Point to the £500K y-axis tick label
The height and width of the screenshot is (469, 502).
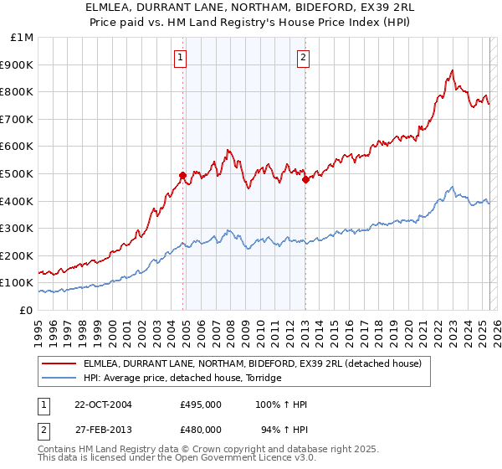(x=19, y=173)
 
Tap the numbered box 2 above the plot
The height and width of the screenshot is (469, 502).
(x=303, y=58)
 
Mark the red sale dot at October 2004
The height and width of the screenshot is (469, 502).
(x=182, y=175)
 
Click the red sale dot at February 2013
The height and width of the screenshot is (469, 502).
(x=305, y=178)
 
